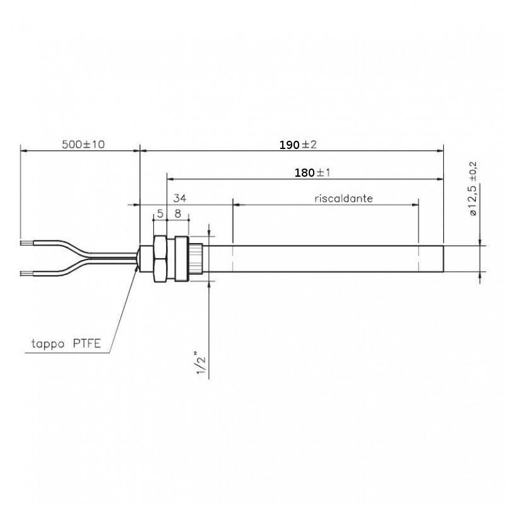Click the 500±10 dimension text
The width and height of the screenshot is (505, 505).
[x=83, y=145]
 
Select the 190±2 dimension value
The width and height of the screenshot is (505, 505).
[x=298, y=145]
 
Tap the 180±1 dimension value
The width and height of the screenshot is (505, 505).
[x=312, y=173]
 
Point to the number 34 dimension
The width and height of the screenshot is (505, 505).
[x=180, y=198]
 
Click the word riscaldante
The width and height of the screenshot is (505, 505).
[x=343, y=198]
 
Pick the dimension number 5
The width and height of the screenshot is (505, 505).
[x=160, y=213]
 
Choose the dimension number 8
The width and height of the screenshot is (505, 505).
[x=177, y=213]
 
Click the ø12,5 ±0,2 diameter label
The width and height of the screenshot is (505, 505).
[x=473, y=189]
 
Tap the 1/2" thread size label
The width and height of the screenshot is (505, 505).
[x=201, y=365]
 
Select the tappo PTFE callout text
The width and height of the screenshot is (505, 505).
[x=66, y=343]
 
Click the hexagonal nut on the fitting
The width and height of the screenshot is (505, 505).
[x=160, y=259]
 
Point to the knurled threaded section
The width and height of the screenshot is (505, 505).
[x=196, y=259]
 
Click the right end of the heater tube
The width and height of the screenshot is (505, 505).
[x=444, y=259]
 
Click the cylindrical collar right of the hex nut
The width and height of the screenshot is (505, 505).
[x=182, y=259]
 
